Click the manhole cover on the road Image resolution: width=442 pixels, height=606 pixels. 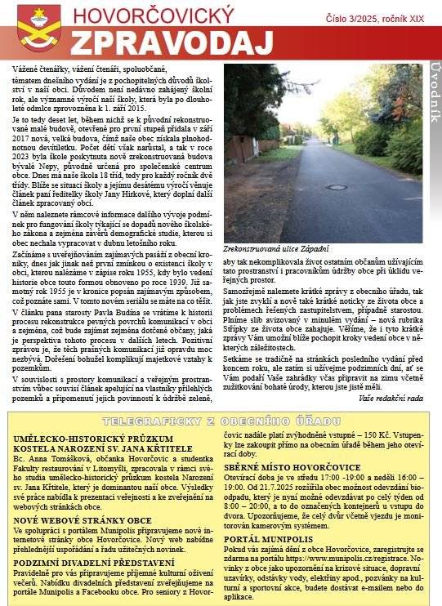(336, 187)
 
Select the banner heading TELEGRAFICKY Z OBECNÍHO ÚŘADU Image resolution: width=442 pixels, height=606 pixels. (221, 421)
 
